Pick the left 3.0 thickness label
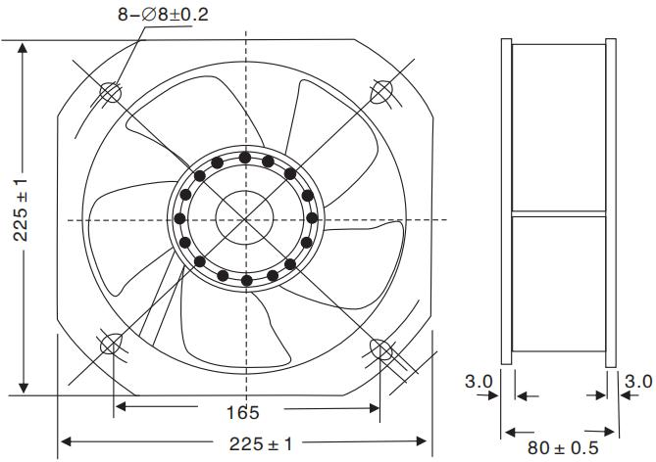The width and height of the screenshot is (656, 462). point(478,380)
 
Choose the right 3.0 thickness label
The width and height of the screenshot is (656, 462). point(638,380)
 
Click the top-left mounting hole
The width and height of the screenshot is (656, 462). point(110,92)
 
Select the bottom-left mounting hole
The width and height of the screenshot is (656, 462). point(112,346)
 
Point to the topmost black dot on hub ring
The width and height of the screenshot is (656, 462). point(244,157)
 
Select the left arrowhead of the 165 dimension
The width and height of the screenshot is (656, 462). point(122,405)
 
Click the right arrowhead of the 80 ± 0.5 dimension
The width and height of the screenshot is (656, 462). point(609,430)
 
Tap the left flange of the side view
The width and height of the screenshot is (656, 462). point(507,202)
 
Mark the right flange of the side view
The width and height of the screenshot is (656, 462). point(611,202)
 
